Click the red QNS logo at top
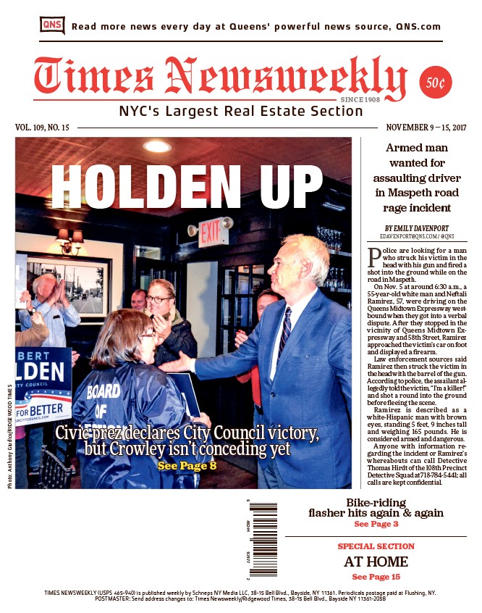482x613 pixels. pyautogui.click(x=51, y=25)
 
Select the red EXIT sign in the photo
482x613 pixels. pyautogui.click(x=209, y=233)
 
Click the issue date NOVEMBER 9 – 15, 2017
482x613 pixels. pyautogui.click(x=427, y=128)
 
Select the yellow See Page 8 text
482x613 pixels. pyautogui.click(x=187, y=465)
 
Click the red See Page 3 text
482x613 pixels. pyautogui.click(x=376, y=524)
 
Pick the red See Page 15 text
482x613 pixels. pyautogui.click(x=376, y=577)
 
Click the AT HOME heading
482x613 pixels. pyautogui.click(x=376, y=562)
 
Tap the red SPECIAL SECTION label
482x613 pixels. pyautogui.click(x=376, y=546)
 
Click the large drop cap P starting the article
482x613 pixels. pyautogui.click(x=374, y=257)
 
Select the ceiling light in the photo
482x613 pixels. pyautogui.click(x=157, y=146)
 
